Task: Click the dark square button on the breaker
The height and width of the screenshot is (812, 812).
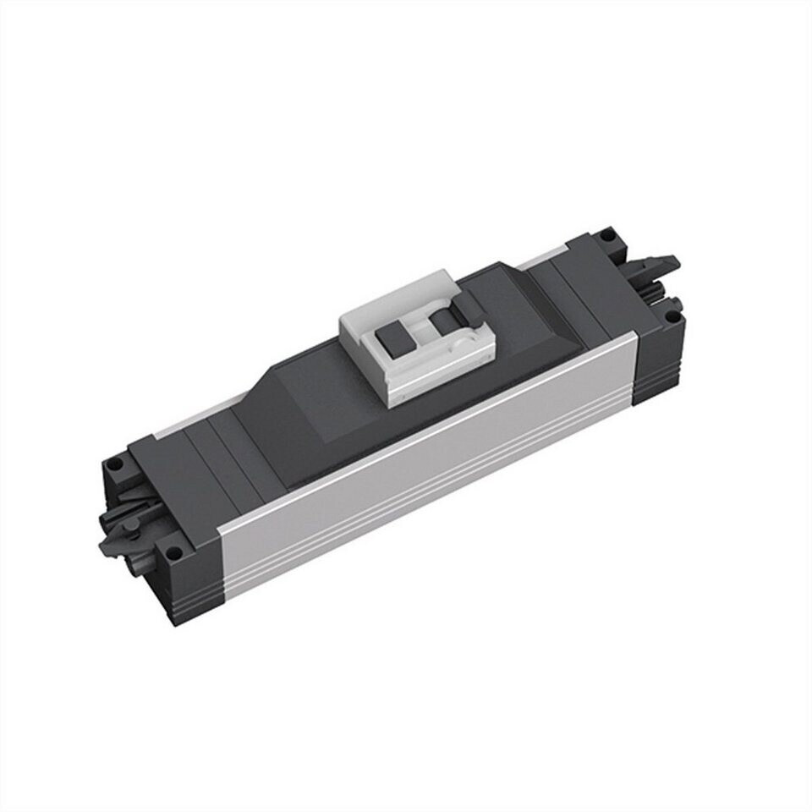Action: pyautogui.click(x=391, y=341)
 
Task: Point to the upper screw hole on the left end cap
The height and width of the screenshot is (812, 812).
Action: pyautogui.click(x=116, y=465)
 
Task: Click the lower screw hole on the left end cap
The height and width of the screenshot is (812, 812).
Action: pyautogui.click(x=173, y=557)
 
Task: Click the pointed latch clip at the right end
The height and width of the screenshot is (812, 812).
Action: pyautogui.click(x=663, y=264)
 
